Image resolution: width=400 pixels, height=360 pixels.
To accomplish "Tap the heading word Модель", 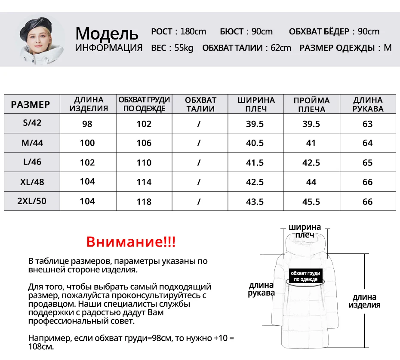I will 107,33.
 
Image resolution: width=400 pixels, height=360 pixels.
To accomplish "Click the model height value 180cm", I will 193,31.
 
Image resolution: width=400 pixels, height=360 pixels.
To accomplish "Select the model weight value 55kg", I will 184,48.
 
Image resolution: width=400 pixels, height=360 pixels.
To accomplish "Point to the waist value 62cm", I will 280,48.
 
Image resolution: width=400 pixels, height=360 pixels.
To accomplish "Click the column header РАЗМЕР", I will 31,104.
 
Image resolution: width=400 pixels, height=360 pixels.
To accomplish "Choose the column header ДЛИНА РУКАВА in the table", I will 368,104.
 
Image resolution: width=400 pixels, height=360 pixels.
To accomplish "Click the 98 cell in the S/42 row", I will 87,124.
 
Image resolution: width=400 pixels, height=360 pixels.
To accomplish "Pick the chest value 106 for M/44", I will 144,143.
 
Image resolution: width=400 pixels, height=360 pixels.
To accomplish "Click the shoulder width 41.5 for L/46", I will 255,162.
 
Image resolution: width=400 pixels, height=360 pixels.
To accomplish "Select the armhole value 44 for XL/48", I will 311,182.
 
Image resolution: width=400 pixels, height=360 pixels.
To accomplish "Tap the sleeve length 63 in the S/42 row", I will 368,124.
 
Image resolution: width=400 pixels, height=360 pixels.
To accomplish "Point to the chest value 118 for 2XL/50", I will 144,201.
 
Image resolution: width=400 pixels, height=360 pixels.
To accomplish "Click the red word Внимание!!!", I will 131,241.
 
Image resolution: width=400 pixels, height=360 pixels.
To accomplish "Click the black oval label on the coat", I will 305,276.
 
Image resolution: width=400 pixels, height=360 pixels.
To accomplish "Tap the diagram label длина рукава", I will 261,289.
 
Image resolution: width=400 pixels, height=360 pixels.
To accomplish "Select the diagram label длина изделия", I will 364,301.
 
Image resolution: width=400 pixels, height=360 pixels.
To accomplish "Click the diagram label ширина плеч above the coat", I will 305,231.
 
